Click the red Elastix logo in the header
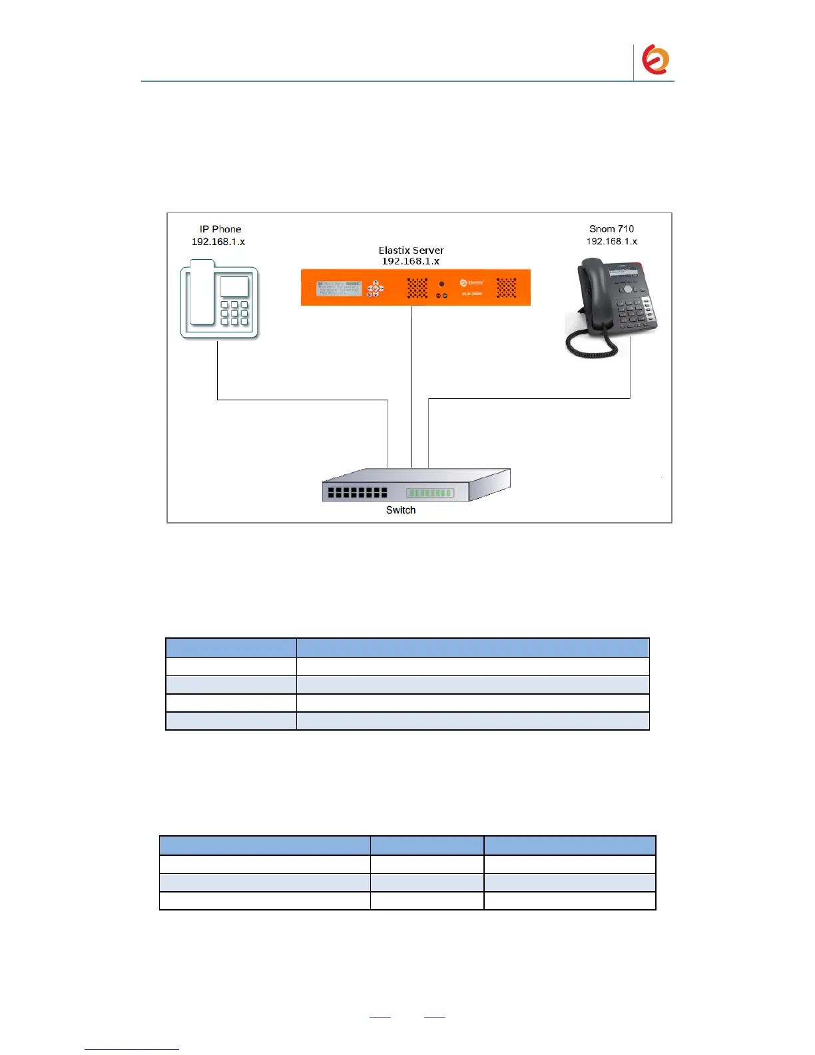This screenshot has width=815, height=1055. click(x=655, y=60)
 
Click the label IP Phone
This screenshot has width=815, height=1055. click(x=220, y=229)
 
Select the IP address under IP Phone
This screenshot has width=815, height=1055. click(x=218, y=242)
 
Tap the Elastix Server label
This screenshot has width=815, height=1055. click(x=411, y=250)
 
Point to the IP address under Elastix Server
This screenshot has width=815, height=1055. click(x=410, y=261)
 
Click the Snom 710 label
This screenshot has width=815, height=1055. click(x=611, y=228)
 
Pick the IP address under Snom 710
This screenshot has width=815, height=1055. click(x=611, y=241)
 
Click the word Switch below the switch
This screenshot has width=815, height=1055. click(x=401, y=510)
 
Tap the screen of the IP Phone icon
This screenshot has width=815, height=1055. click(x=234, y=287)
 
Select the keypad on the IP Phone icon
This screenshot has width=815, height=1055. click(x=234, y=313)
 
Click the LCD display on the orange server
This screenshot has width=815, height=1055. click(x=339, y=288)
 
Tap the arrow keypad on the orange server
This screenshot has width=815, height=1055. click(x=376, y=288)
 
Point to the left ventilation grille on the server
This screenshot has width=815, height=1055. click(x=417, y=288)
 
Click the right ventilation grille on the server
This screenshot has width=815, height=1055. click(x=506, y=288)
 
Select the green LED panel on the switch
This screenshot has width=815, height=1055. click(x=430, y=493)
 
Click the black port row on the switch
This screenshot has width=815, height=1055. click(x=358, y=493)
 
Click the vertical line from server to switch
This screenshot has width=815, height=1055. click(x=411, y=386)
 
